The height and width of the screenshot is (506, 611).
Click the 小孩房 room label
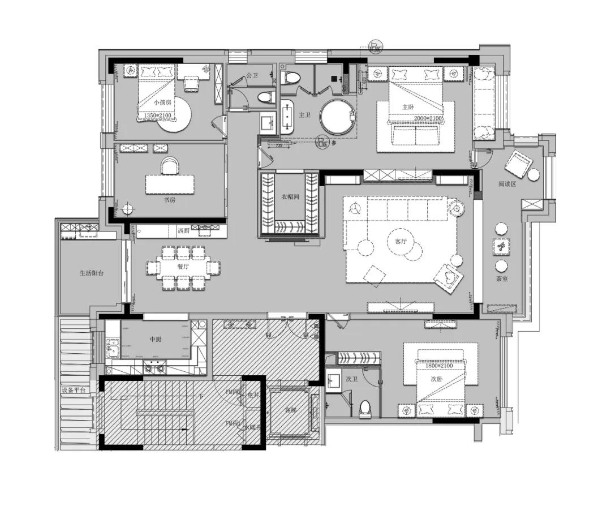[162, 103]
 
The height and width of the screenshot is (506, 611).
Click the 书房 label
[170, 200]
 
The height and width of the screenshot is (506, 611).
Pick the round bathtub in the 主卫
[338, 118]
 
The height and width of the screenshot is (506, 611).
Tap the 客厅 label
[401, 241]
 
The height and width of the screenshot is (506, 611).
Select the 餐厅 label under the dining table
[183, 266]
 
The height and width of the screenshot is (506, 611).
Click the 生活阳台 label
[92, 273]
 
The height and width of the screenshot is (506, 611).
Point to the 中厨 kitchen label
[156, 340]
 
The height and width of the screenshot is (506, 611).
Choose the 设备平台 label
[74, 391]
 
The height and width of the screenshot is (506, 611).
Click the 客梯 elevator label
[291, 409]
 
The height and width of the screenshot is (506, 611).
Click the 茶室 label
[501, 279]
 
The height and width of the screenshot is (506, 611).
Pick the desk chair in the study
[169, 166]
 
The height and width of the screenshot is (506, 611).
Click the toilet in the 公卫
[264, 97]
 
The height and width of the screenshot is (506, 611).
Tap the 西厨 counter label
[183, 231]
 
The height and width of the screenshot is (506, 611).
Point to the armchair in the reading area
[519, 164]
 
